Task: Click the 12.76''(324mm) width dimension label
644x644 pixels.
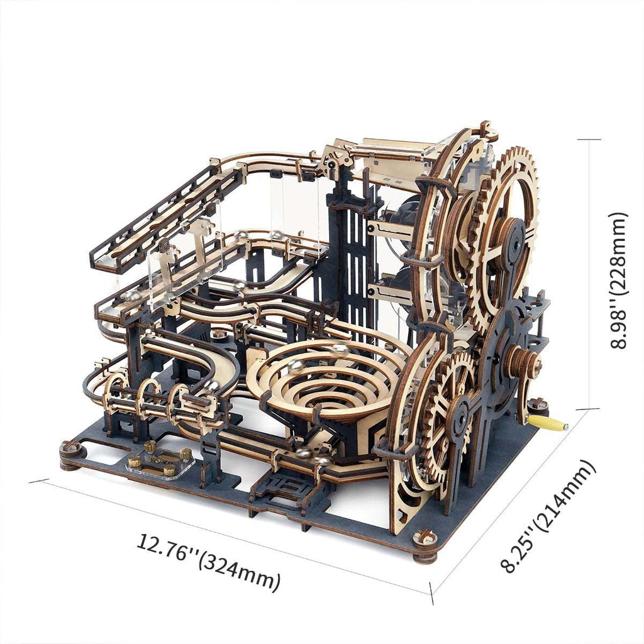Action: tap(208, 561)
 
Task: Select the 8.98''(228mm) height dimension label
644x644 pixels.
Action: tap(619, 279)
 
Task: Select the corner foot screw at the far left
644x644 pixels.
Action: tap(71, 452)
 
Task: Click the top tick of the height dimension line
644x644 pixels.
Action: tap(589, 140)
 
